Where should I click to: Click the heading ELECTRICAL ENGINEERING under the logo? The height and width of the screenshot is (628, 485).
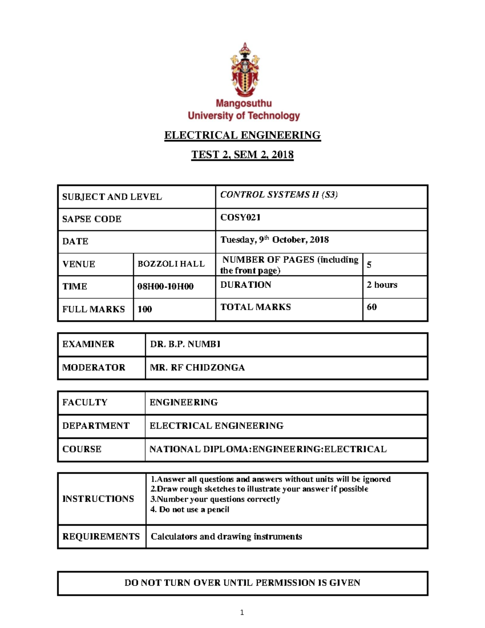242,135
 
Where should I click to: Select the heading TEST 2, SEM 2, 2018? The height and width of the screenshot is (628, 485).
242,154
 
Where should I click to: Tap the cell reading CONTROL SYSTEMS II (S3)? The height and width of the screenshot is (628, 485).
279,195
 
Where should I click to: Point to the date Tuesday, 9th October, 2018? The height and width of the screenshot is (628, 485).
274,240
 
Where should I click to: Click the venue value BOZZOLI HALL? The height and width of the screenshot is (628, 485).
171,264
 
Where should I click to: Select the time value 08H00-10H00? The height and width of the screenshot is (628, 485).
165,287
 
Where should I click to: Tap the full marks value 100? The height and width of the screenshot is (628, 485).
145,309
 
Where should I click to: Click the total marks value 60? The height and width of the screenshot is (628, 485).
371,307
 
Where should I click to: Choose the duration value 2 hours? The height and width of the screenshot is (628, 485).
382,285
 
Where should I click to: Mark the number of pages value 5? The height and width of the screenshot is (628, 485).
369,265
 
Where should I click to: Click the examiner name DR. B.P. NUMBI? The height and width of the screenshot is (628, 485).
185,344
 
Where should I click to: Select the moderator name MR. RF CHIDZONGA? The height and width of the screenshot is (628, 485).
197,368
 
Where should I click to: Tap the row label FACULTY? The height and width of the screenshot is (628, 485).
85,402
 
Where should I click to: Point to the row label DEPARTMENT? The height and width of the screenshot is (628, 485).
96,426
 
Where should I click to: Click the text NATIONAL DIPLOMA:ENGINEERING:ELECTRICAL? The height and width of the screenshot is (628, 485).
268,449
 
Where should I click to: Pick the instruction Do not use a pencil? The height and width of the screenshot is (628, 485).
190,510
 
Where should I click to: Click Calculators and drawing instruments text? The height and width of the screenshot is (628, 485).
226,537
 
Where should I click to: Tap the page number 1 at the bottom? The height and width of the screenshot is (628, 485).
242,613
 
